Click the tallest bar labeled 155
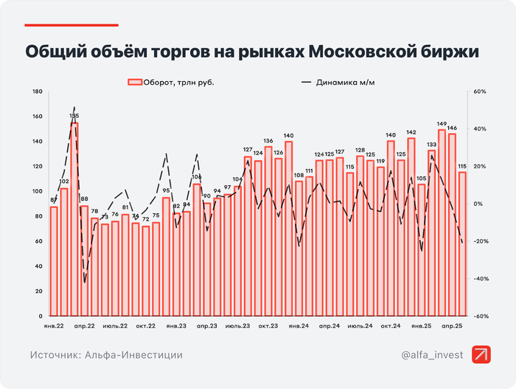(x=74, y=218)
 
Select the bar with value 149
(x=442, y=221)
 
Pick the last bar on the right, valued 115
(x=462, y=244)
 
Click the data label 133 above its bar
(x=431, y=145)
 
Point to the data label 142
(x=411, y=132)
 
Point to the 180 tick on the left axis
(x=38, y=92)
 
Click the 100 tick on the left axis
(x=38, y=192)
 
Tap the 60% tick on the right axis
(x=479, y=92)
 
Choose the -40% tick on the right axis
(x=479, y=279)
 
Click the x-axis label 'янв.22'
(x=52, y=326)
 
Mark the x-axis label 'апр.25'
(x=452, y=326)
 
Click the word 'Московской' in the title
(x=368, y=52)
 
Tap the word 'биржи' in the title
(x=459, y=52)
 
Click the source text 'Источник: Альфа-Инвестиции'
(x=107, y=355)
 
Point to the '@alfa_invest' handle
(x=433, y=355)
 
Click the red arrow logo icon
(x=482, y=355)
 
